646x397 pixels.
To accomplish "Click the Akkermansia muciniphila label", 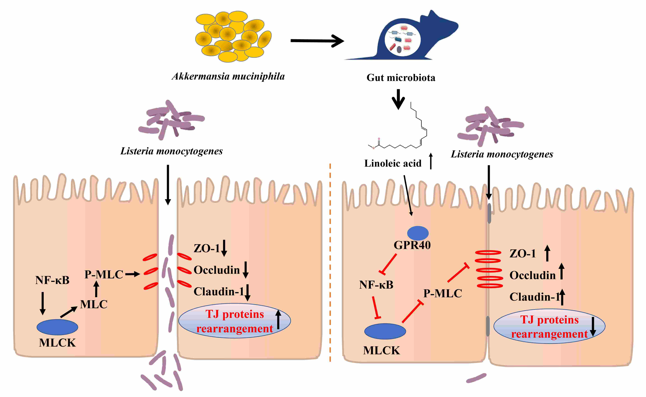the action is click(228, 76).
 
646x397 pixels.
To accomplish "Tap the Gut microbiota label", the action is click(401, 78).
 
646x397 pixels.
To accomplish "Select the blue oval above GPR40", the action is click(418, 233).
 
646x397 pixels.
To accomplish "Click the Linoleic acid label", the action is click(393, 163).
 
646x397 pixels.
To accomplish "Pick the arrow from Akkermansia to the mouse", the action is click(317, 41).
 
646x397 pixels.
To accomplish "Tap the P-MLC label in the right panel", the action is click(443, 294).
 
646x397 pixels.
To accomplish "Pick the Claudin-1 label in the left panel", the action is click(219, 291).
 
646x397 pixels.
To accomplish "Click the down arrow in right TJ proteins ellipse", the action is click(593, 327).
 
